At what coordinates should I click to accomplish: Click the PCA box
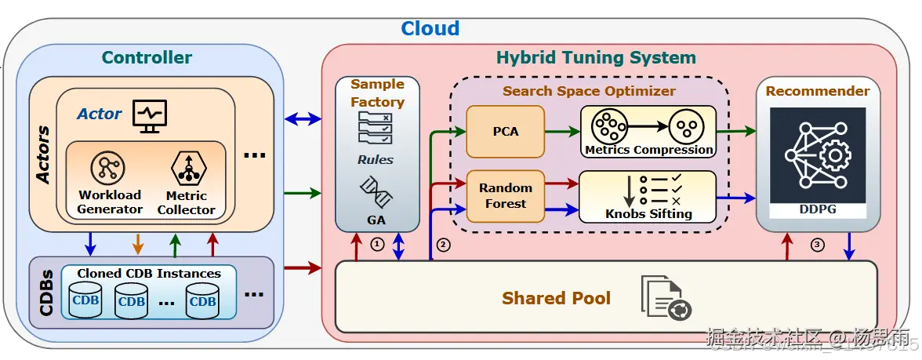point(505,131)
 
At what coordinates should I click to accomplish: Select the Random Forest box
point(505,195)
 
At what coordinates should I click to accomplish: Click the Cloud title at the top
point(430,29)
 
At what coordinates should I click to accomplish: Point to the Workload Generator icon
point(108,168)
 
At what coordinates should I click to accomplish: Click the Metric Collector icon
point(187,169)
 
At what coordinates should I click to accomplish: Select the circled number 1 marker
point(377,245)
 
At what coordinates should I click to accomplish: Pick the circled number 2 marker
point(444,245)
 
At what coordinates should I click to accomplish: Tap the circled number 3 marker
point(818,245)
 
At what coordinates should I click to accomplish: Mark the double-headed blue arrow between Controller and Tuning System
point(303,119)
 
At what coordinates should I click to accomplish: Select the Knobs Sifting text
point(648,213)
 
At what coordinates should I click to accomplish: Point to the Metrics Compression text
point(649,150)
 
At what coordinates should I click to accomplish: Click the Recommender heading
point(818,91)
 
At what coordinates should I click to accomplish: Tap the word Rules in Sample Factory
point(376,160)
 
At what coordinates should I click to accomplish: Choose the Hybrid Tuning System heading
point(596,57)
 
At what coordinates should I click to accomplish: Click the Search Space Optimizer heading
point(589,91)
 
